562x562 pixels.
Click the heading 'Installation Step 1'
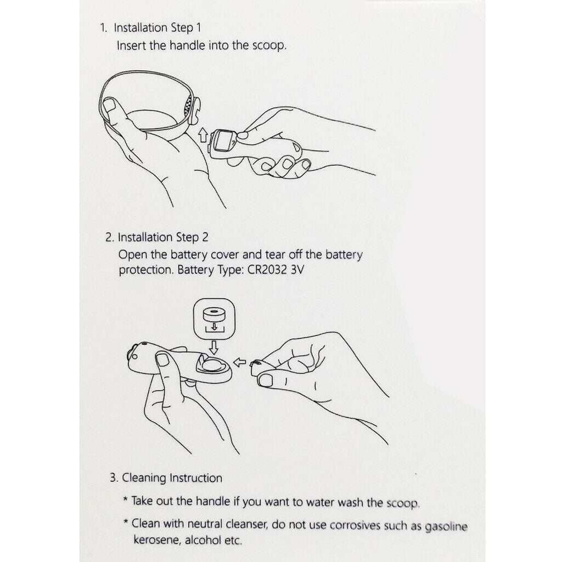pyautogui.click(x=158, y=27)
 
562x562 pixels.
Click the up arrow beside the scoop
pyautogui.click(x=203, y=136)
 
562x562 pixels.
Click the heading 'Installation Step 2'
pyautogui.click(x=163, y=237)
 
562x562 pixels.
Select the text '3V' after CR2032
pyautogui.click(x=297, y=269)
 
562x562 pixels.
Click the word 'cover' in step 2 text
pyautogui.click(x=224, y=255)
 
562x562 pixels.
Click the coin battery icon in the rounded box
pyautogui.click(x=214, y=315)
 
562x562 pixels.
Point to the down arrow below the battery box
pyautogui.click(x=213, y=347)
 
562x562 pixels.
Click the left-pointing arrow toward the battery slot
pyautogui.click(x=239, y=362)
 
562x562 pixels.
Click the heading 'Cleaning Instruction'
pyautogui.click(x=172, y=478)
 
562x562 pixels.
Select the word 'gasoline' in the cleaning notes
pyautogui.click(x=446, y=526)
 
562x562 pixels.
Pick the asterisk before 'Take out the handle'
pyautogui.click(x=126, y=499)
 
